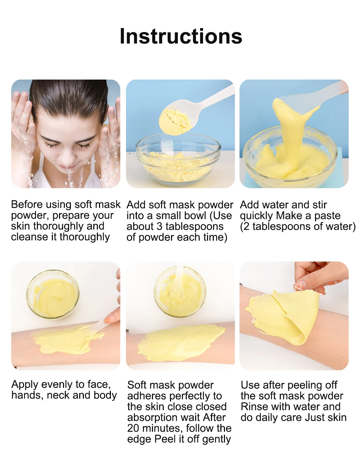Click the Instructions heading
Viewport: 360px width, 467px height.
(181, 36)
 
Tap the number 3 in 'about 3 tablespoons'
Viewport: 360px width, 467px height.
(159, 227)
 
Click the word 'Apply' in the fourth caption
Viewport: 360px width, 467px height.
(25, 385)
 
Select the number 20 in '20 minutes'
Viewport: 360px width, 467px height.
(133, 429)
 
